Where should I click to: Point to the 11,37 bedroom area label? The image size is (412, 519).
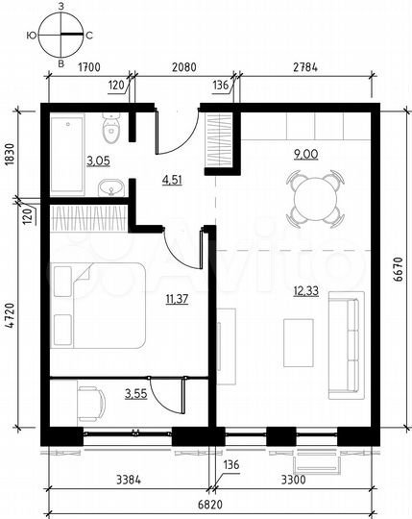[177, 298]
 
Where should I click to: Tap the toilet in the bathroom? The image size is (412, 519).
[110, 127]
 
